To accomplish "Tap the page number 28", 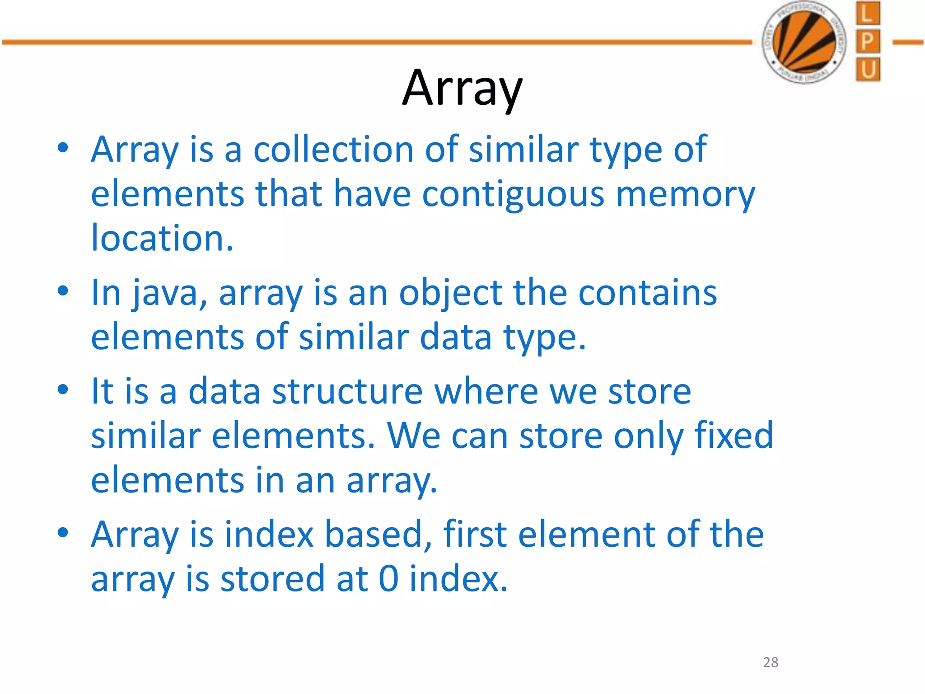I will point(771,662).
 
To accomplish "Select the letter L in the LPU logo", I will point(868,14).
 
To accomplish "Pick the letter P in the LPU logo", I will point(868,42).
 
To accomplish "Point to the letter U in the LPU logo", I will point(868,70).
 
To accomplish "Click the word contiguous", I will point(513,194).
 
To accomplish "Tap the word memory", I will point(685,194).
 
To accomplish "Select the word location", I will point(162,238).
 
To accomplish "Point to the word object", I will point(450,293).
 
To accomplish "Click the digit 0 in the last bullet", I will point(388,579).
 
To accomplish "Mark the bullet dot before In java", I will point(63,291).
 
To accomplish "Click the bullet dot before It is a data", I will point(63,389).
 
